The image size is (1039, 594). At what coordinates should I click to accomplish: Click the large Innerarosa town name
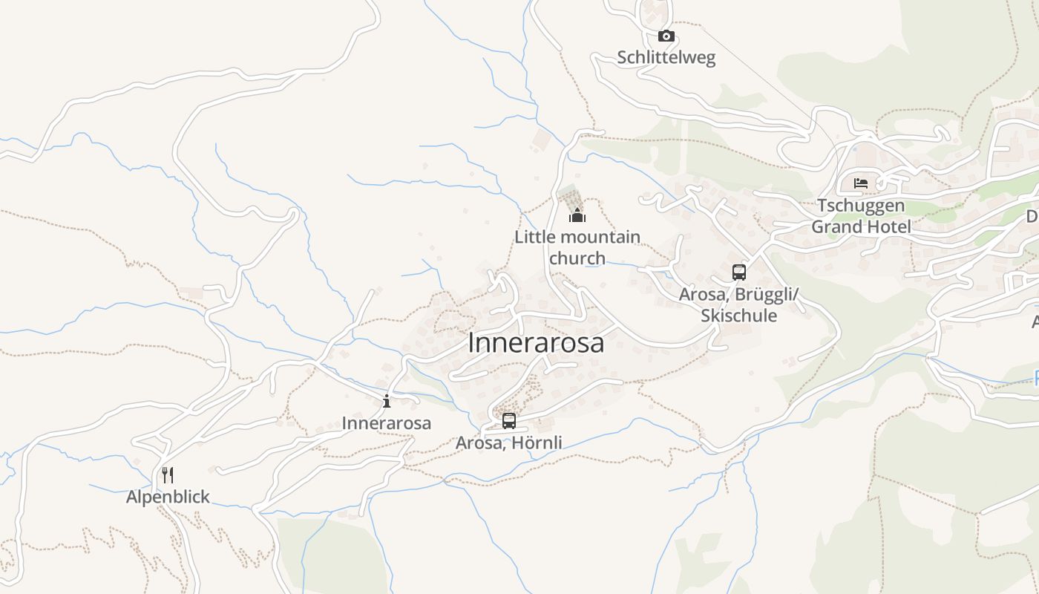click(x=536, y=343)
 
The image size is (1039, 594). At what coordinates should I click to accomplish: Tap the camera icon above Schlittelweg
click(x=666, y=36)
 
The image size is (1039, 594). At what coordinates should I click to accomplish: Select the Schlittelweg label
click(x=666, y=58)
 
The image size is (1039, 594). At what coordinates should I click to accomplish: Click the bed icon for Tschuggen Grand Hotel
click(x=861, y=183)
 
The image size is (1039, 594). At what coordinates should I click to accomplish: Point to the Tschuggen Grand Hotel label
click(x=861, y=215)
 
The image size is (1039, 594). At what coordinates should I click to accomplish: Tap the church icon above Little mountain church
click(x=577, y=215)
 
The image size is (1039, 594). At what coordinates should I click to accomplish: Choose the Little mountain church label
click(x=577, y=247)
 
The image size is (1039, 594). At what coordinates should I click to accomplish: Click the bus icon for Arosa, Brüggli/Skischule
click(x=738, y=272)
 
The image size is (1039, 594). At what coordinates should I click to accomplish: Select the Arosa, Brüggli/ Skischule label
click(x=738, y=304)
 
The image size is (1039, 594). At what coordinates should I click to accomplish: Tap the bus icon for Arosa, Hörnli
click(x=508, y=420)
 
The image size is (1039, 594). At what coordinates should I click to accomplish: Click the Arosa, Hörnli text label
click(x=508, y=443)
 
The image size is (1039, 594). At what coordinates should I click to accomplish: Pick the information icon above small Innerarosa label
click(x=386, y=402)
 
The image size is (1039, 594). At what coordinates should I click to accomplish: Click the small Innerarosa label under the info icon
click(x=386, y=423)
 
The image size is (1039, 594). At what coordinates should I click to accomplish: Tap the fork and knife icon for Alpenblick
click(x=168, y=475)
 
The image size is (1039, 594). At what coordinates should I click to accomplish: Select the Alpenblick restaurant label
click(x=168, y=497)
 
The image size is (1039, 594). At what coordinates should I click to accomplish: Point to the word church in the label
click(x=577, y=258)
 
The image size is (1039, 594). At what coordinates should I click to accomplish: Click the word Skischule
click(x=738, y=316)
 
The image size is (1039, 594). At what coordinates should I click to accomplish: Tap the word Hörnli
click(x=536, y=443)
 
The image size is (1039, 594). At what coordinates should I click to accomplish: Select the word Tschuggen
click(x=861, y=205)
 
